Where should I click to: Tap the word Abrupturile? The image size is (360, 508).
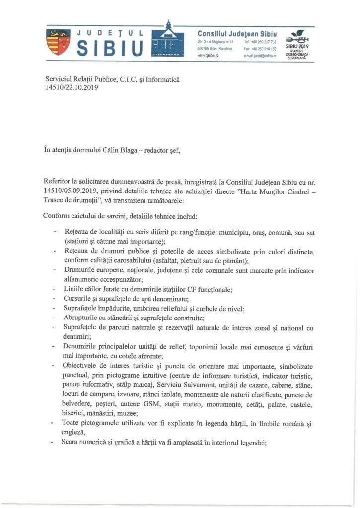(84, 318)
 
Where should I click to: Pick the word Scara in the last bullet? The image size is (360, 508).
(73, 443)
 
